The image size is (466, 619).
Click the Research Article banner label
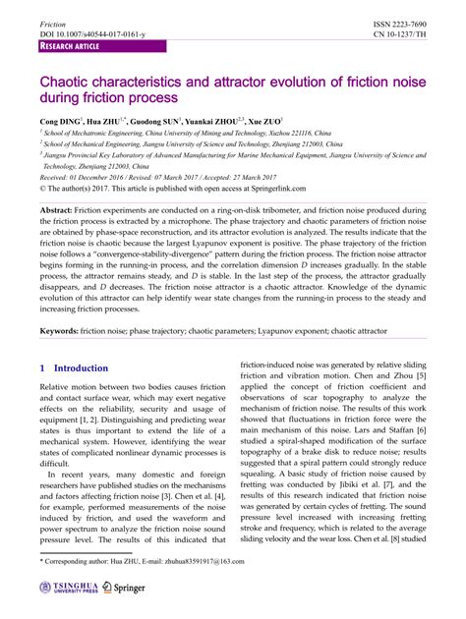[71, 46]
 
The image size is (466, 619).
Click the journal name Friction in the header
[53, 23]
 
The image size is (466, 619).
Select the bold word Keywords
[59, 332]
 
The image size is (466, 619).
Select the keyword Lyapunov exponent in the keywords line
[276, 332]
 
